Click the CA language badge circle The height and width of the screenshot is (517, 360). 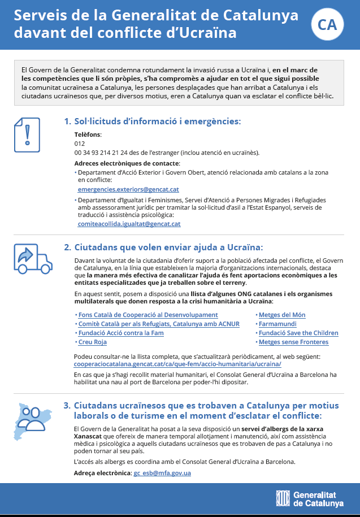[x=327, y=24]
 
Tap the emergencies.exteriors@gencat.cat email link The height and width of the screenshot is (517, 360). [x=128, y=189]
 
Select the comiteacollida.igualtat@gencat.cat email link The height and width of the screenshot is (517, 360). [x=129, y=224]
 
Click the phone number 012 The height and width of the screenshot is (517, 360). [x=79, y=144]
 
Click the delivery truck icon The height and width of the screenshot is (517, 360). [x=32, y=259]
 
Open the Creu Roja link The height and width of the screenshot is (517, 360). [x=92, y=342]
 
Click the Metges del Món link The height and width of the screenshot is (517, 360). [x=283, y=315]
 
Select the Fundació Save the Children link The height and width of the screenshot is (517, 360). [x=298, y=333]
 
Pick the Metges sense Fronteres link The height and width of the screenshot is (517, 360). [x=293, y=342]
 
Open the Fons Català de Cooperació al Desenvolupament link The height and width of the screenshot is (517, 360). [x=148, y=315]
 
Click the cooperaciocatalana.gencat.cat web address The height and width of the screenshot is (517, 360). [x=185, y=364]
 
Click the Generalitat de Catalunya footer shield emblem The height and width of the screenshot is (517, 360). [x=283, y=498]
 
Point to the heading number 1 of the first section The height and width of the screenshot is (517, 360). [x=67, y=121]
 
